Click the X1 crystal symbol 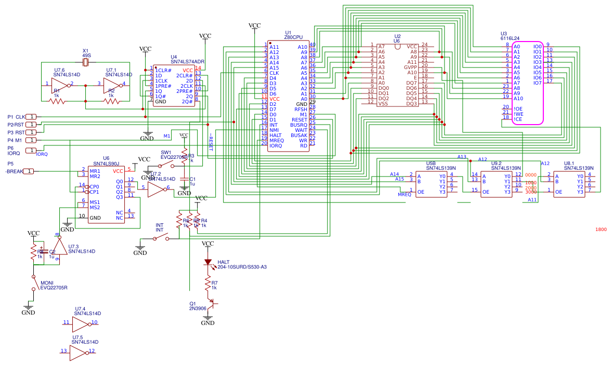click(x=86, y=63)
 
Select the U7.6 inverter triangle click(x=61, y=84)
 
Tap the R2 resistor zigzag click(x=111, y=101)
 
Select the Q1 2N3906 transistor click(x=211, y=303)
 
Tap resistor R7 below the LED click(x=207, y=284)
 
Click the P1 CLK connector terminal click(x=31, y=117)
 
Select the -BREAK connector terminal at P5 click(x=30, y=171)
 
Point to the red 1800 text click(x=601, y=229)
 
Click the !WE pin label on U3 click(x=518, y=114)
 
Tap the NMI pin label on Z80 click(x=275, y=130)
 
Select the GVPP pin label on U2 click(x=411, y=67)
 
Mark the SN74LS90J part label click(x=106, y=164)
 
